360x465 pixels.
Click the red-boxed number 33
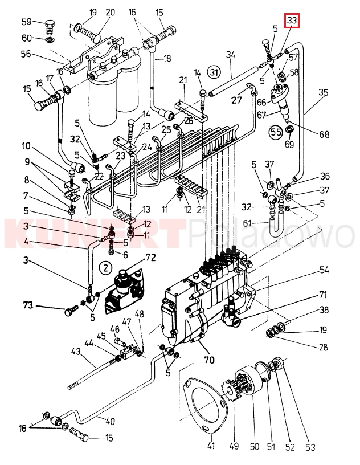click(x=292, y=20)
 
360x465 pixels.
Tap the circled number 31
click(x=214, y=72)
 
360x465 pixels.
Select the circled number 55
click(x=276, y=132)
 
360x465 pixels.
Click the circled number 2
click(x=105, y=268)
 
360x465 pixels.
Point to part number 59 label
click(x=27, y=22)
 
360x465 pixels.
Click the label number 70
click(x=210, y=360)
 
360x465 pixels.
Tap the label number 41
click(x=211, y=446)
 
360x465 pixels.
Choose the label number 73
click(x=28, y=305)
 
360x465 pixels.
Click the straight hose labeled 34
click(x=233, y=81)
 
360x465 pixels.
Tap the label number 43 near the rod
click(x=76, y=352)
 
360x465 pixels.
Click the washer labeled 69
click(x=289, y=129)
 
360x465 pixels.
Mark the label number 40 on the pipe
click(x=110, y=421)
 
